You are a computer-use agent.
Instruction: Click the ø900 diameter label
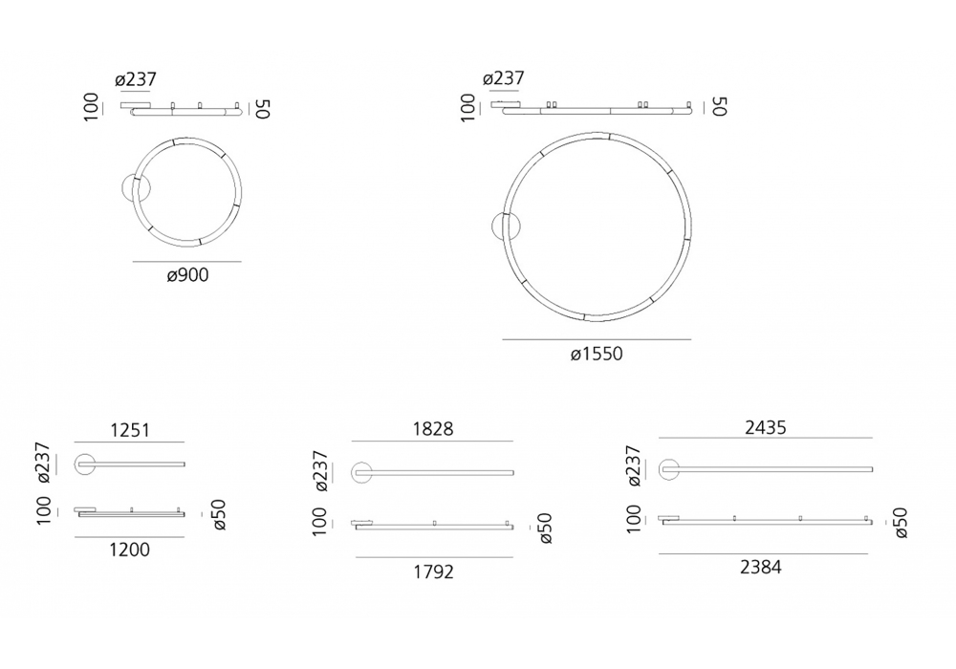(x=187, y=275)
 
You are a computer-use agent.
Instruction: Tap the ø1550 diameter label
(x=597, y=354)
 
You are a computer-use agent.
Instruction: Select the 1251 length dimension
(x=130, y=430)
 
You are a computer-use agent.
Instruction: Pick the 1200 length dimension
(x=129, y=550)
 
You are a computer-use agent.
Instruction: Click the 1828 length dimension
(x=433, y=429)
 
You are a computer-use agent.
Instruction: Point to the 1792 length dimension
(x=433, y=572)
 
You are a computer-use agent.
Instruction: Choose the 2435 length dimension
(x=766, y=428)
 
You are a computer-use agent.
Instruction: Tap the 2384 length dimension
(x=761, y=568)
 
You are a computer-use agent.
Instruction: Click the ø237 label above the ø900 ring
(x=136, y=79)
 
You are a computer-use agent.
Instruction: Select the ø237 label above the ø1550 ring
(x=504, y=78)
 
